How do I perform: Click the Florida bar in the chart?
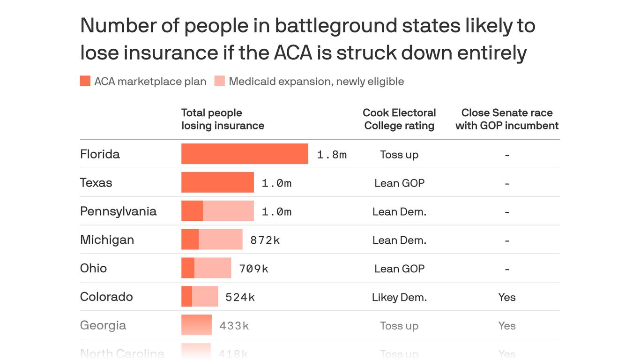pyautogui.click(x=245, y=154)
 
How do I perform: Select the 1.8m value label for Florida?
pyautogui.click(x=332, y=155)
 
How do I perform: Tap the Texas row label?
pyautogui.click(x=96, y=182)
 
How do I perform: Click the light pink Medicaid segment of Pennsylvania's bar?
pyautogui.click(x=228, y=211)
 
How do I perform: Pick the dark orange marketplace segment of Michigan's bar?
pyautogui.click(x=190, y=240)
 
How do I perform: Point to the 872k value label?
pyautogui.click(x=265, y=240)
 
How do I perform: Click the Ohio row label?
pyautogui.click(x=93, y=268)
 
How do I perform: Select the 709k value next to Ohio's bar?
pyautogui.click(x=253, y=269)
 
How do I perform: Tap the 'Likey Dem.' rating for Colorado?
pyautogui.click(x=399, y=297)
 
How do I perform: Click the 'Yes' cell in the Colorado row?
pyautogui.click(x=507, y=297)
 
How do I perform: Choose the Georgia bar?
pyautogui.click(x=196, y=325)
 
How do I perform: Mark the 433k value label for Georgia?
pyautogui.click(x=234, y=326)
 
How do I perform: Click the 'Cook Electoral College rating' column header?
pyautogui.click(x=399, y=119)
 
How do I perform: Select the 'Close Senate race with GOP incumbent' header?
pyautogui.click(x=507, y=119)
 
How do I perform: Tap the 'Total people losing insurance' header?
pyautogui.click(x=223, y=119)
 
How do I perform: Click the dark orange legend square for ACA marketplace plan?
pyautogui.click(x=85, y=81)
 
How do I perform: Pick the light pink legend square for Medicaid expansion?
pyautogui.click(x=219, y=81)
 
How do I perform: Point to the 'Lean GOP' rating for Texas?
pyautogui.click(x=399, y=183)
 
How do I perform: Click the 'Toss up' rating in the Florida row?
pyautogui.click(x=399, y=155)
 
